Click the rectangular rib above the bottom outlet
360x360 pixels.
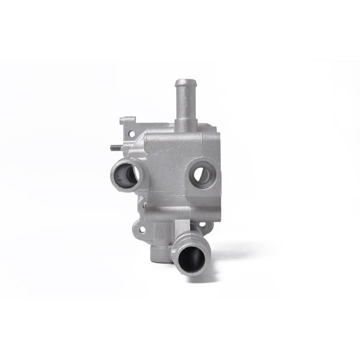pos(181,226)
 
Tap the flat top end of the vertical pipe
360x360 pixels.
pos(183,81)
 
